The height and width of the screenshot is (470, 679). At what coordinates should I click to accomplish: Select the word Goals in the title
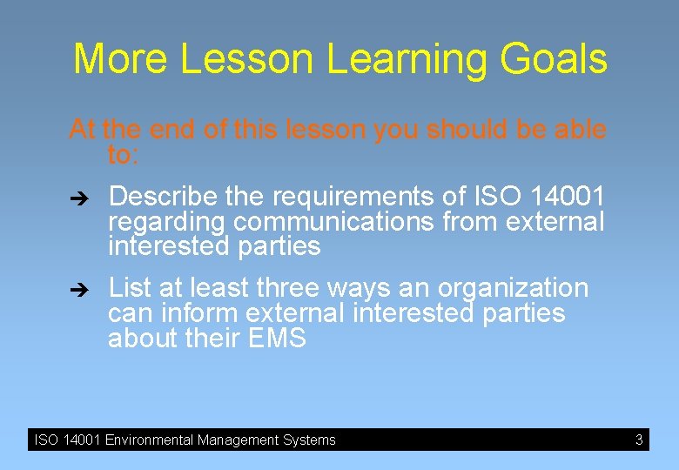tap(553, 59)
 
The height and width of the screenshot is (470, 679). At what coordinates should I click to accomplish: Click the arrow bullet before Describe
tap(77, 196)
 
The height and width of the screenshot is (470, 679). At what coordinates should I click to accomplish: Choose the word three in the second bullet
tap(292, 287)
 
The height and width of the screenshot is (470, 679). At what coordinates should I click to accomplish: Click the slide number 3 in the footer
tap(639, 440)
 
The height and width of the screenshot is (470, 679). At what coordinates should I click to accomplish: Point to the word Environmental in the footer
tap(149, 440)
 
